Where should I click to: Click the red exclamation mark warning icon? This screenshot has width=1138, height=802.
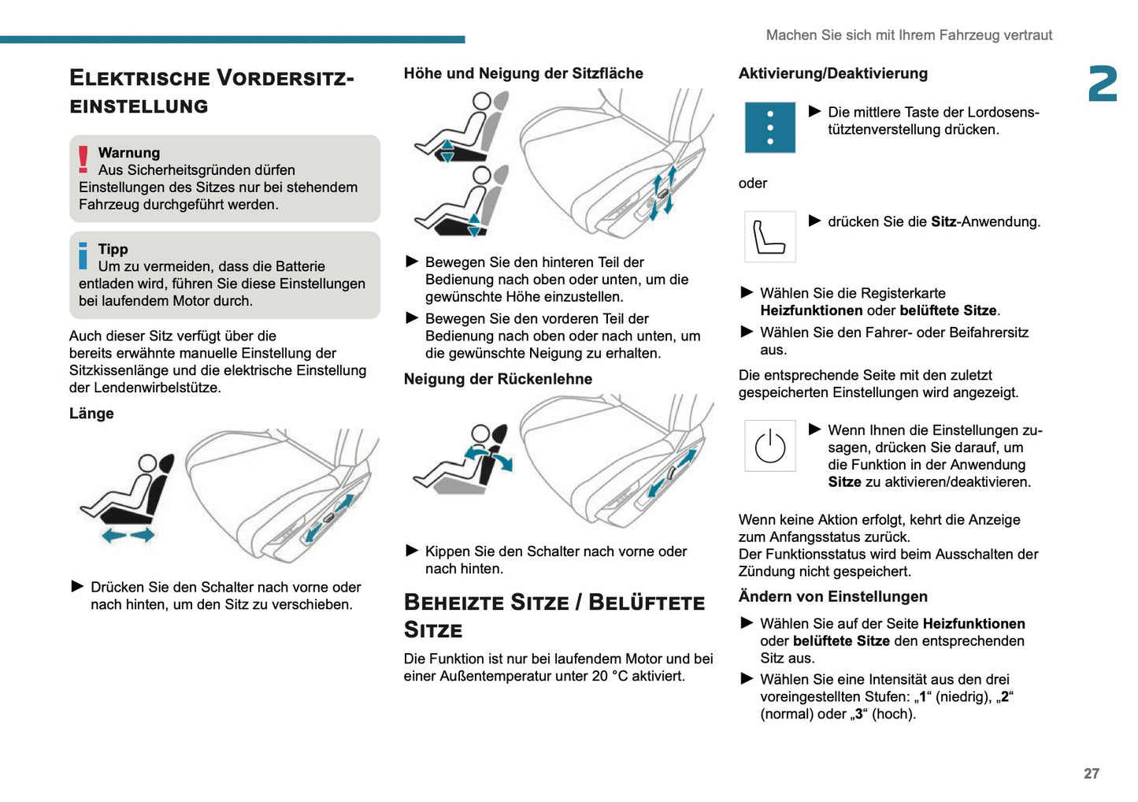(83, 159)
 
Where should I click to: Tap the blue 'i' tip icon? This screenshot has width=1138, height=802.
(83, 255)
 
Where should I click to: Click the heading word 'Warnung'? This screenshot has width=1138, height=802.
(128, 153)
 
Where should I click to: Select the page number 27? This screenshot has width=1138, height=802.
(1091, 774)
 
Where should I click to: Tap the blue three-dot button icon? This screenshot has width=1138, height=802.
(769, 128)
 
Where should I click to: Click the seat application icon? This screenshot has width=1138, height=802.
(769, 236)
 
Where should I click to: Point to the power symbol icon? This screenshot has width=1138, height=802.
(769, 446)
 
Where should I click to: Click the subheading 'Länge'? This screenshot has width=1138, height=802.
(91, 414)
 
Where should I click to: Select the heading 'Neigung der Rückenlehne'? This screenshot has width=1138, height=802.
(498, 379)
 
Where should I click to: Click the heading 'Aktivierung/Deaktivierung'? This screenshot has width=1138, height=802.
(832, 73)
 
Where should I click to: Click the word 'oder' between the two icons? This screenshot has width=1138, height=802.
(752, 183)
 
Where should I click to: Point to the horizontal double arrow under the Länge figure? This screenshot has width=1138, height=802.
(128, 536)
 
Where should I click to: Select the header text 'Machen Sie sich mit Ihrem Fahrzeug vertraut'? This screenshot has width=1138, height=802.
(909, 35)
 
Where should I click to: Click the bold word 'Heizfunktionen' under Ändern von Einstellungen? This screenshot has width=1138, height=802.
(973, 624)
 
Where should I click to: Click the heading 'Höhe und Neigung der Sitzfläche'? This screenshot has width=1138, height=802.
(523, 73)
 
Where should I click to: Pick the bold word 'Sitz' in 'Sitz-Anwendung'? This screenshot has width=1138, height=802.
(943, 222)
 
